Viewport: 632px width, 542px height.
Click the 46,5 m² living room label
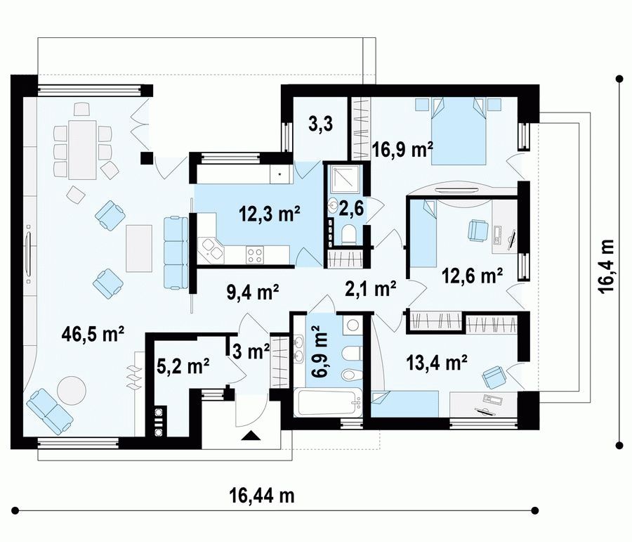click(x=93, y=335)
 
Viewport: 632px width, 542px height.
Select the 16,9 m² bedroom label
click(x=402, y=150)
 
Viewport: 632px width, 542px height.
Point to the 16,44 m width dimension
click(x=262, y=495)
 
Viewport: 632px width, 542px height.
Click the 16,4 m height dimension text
click(x=607, y=266)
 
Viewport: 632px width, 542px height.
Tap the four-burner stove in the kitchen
click(x=255, y=255)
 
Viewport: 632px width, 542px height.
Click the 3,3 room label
click(x=320, y=124)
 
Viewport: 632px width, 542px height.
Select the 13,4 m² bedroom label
click(x=437, y=362)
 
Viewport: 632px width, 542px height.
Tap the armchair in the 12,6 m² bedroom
click(x=478, y=231)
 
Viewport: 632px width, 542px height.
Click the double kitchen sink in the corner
click(x=211, y=250)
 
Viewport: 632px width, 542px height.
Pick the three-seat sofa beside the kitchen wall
click(x=176, y=252)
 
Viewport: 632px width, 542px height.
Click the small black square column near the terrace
click(x=146, y=158)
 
